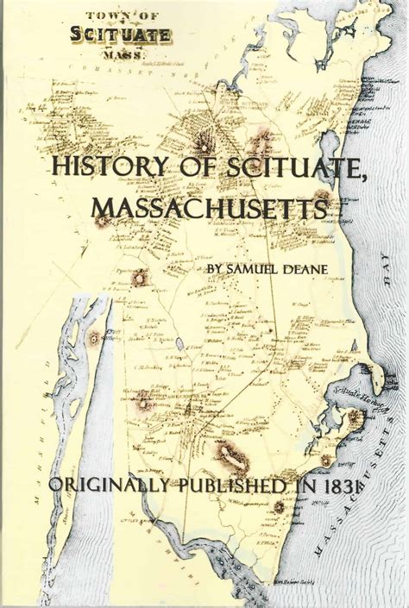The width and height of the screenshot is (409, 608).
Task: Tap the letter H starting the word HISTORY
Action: tap(60, 166)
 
